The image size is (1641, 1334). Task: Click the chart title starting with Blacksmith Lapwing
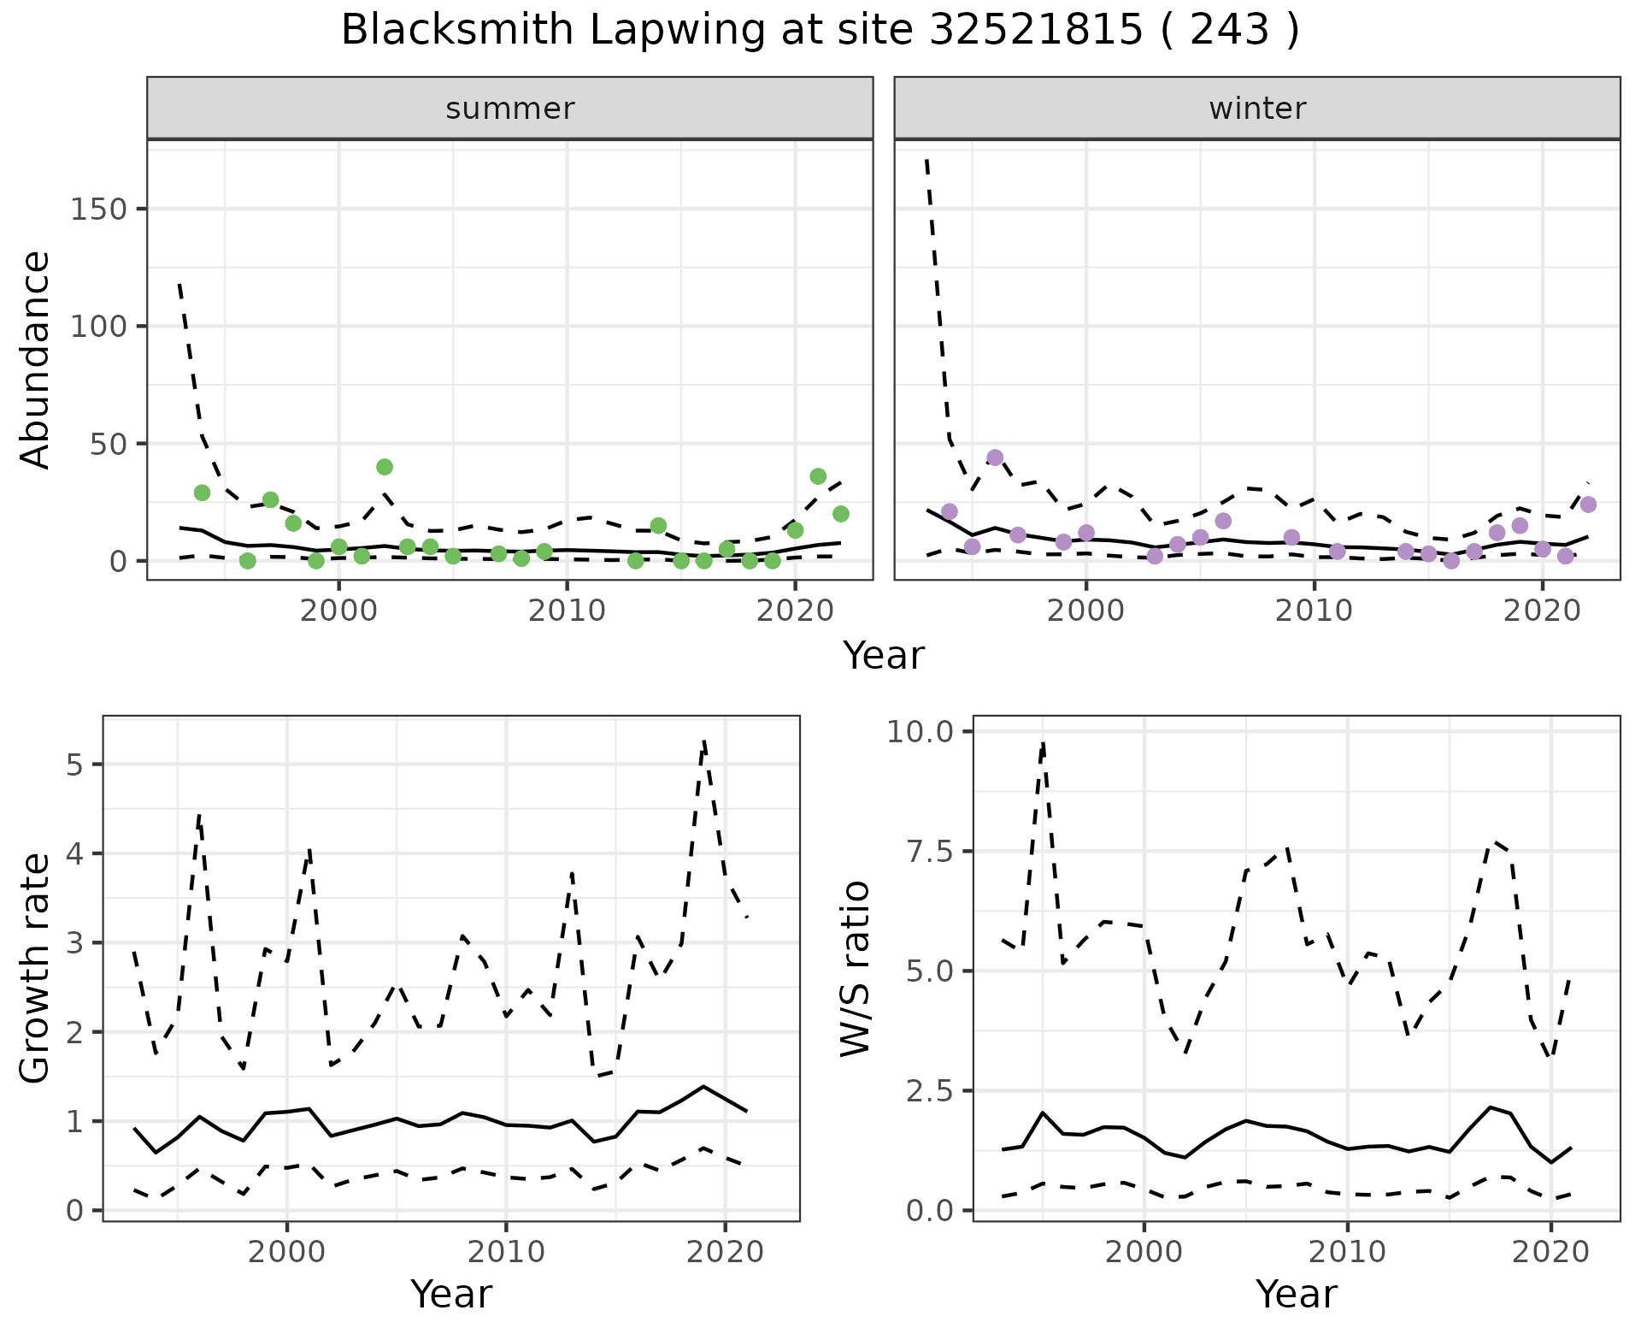pos(820,31)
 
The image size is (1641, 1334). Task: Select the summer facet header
pos(510,109)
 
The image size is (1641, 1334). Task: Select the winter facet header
pos(1257,109)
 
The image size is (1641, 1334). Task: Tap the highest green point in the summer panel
pos(385,467)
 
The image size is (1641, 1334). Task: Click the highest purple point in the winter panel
pos(995,457)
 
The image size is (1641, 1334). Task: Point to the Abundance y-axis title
pos(36,359)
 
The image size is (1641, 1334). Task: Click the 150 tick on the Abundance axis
pos(97,210)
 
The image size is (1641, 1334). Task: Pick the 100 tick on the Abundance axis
pos(97,327)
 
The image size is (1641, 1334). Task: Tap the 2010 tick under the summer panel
pos(567,611)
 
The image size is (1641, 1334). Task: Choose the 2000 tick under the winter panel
pos(1085,611)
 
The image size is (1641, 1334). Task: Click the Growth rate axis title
pos(36,968)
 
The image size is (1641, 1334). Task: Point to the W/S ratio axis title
pos(856,968)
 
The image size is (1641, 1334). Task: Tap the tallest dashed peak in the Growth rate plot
pos(703,741)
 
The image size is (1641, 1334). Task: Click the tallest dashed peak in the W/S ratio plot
pos(1044,742)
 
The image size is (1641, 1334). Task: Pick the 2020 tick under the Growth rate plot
pos(725,1253)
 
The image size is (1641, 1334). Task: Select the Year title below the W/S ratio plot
pos(1296,1295)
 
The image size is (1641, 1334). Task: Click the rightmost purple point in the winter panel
pos(1588,505)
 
